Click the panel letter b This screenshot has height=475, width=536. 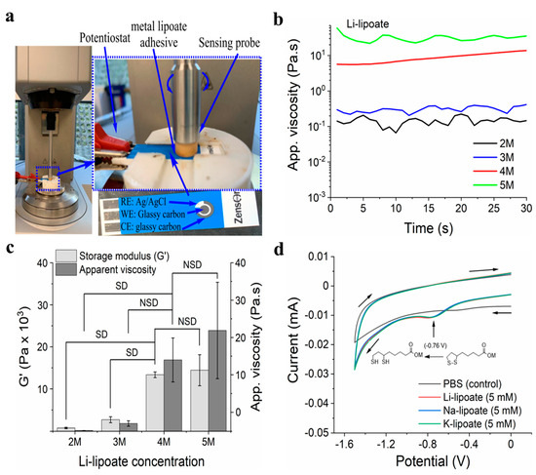283,15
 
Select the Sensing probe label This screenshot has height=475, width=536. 220,43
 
